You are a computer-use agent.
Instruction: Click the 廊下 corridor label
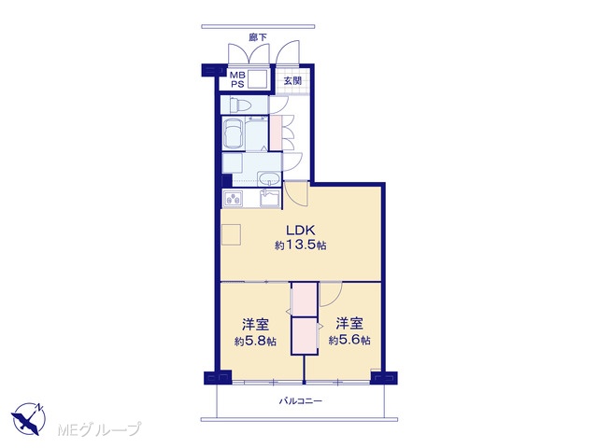[x=258, y=37]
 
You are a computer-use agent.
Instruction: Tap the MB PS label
[x=237, y=80]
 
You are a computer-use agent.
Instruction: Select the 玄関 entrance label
[x=292, y=81]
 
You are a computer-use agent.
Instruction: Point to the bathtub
[x=234, y=133]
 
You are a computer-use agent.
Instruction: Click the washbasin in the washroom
[x=269, y=179]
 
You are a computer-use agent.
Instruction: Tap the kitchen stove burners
[x=233, y=199]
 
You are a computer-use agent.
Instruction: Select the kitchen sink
[x=270, y=199]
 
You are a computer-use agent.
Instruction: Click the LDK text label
[x=300, y=231]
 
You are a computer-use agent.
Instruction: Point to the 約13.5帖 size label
[x=301, y=245]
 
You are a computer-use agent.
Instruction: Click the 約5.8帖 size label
[x=255, y=341]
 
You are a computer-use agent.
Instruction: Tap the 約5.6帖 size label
[x=349, y=340]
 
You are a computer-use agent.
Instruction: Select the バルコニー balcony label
[x=301, y=400]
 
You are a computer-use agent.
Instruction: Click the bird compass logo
[x=29, y=418]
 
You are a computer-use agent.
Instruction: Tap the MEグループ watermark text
[x=99, y=429]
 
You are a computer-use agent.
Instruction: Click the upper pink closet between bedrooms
[x=305, y=300]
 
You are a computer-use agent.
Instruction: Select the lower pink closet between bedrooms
[x=305, y=336]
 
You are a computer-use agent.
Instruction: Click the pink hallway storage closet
[x=276, y=133]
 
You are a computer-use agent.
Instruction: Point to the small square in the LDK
[x=231, y=234]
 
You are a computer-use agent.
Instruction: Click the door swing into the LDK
[x=296, y=194]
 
